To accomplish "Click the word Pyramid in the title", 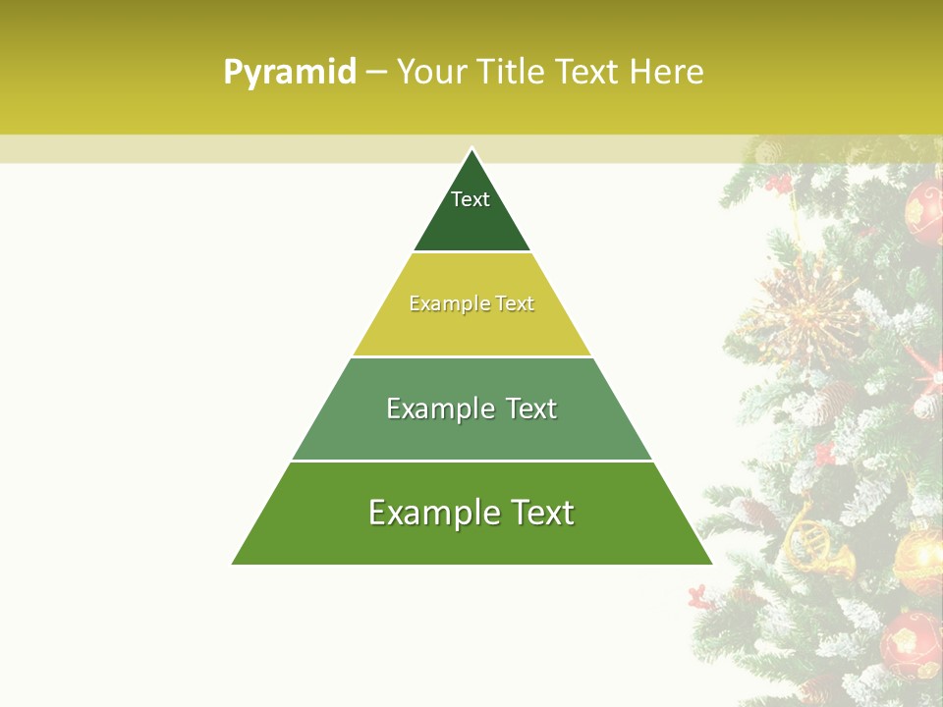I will (x=290, y=73).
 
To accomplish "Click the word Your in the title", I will (x=432, y=73).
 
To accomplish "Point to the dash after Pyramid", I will (x=376, y=73).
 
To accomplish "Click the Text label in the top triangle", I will (x=471, y=199).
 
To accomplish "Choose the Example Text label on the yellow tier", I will (x=471, y=303).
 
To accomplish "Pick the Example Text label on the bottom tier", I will (x=471, y=513).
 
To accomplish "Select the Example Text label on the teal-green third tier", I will (x=471, y=408).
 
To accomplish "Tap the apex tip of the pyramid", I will (x=472, y=149).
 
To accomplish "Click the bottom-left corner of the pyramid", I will (x=234, y=564).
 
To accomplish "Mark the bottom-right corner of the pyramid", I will (x=710, y=564).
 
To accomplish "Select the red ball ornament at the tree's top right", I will (x=924, y=211).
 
